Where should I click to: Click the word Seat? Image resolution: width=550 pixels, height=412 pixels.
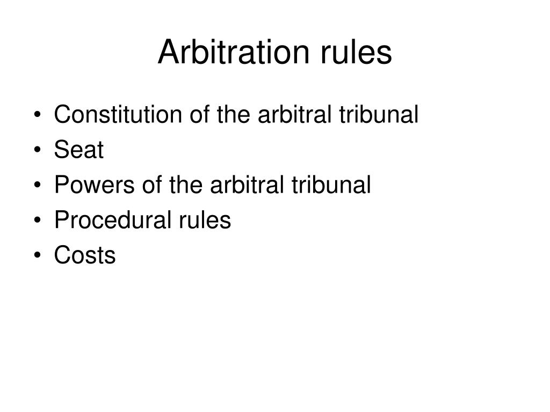coord(78,150)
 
